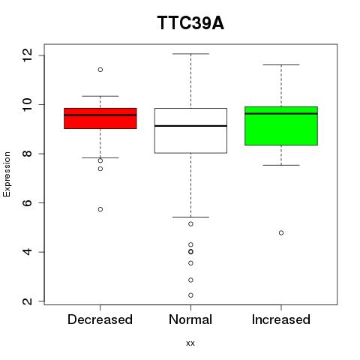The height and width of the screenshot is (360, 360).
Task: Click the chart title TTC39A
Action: (190, 23)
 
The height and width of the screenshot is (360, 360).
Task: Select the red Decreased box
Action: (100, 118)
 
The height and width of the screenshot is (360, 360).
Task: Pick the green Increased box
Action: (281, 126)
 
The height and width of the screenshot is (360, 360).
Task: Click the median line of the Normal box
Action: (190, 126)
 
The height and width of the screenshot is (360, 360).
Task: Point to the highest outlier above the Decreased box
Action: (100, 70)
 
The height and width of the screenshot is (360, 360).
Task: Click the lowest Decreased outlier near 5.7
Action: (100, 209)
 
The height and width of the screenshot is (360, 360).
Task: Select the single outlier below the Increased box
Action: (281, 232)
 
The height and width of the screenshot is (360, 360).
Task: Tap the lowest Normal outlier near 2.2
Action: (190, 295)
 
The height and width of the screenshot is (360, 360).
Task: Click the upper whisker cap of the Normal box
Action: (190, 54)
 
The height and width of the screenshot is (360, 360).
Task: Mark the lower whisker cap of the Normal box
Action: (190, 217)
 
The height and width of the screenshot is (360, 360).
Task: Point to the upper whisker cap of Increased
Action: (281, 64)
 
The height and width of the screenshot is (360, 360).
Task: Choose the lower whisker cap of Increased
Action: (281, 165)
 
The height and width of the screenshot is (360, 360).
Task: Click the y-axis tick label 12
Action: (27, 55)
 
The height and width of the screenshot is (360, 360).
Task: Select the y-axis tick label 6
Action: (27, 202)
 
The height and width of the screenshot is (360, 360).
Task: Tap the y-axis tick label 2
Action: (27, 301)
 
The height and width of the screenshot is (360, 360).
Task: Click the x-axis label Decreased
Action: (100, 319)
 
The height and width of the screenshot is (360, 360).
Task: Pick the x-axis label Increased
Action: (281, 319)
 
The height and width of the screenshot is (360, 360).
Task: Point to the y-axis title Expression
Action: (7, 174)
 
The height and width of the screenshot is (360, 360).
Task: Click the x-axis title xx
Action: (190, 343)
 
